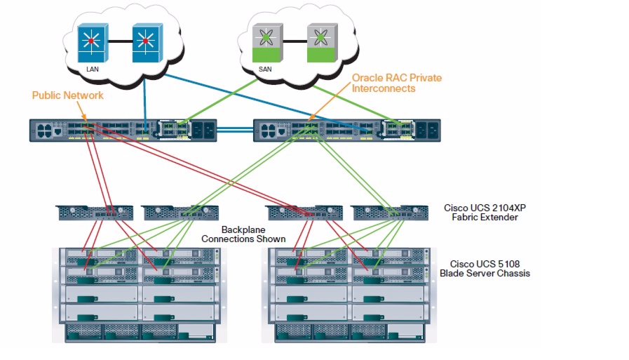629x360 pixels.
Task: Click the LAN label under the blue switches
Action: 93,69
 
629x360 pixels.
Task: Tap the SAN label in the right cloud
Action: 265,69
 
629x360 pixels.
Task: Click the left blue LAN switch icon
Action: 93,43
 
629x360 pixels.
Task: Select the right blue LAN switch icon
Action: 147,43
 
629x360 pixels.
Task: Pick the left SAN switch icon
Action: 268,43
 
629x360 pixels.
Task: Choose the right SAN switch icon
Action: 322,43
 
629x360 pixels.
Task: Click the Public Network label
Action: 68,95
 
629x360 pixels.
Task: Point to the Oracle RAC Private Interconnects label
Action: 397,83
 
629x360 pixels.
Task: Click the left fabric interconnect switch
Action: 123,131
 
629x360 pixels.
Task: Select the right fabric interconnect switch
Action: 347,131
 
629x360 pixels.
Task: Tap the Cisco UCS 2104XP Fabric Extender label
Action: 485,213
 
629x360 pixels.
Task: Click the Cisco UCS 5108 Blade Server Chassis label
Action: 485,269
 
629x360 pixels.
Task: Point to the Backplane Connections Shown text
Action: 243,234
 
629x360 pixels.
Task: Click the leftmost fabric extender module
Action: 94,213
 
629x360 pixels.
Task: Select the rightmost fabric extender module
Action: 391,213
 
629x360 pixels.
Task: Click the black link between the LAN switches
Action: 121,41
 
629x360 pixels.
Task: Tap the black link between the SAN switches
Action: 295,41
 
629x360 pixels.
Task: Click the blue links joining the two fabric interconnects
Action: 235,130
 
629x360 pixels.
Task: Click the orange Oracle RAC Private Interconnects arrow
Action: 329,102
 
